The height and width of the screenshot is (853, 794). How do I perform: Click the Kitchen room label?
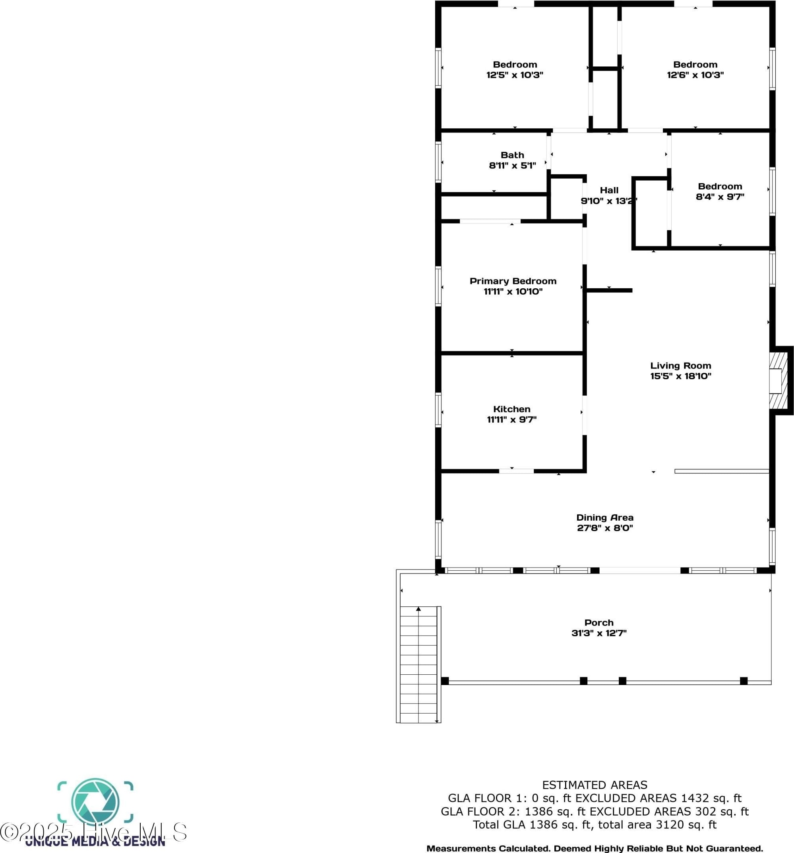(511, 409)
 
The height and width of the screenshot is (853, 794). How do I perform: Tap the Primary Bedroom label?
(513, 281)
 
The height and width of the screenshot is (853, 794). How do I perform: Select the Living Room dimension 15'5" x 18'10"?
(680, 376)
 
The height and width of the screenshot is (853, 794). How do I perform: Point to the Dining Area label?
(604, 517)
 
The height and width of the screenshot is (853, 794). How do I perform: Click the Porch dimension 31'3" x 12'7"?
(598, 633)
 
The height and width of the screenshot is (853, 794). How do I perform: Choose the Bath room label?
(512, 155)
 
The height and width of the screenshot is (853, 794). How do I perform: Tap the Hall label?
(609, 190)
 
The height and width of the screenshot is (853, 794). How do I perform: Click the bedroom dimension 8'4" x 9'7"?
(720, 197)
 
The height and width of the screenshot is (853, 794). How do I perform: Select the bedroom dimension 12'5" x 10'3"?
(515, 75)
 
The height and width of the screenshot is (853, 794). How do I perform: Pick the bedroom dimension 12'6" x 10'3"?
(695, 75)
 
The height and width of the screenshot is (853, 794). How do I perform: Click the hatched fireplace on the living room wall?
(778, 380)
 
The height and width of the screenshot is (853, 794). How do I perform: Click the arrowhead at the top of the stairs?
(418, 608)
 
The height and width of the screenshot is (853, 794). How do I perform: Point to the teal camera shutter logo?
(95, 801)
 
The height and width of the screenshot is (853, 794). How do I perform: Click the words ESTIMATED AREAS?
(595, 785)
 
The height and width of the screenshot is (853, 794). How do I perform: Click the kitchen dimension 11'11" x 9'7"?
(511, 420)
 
